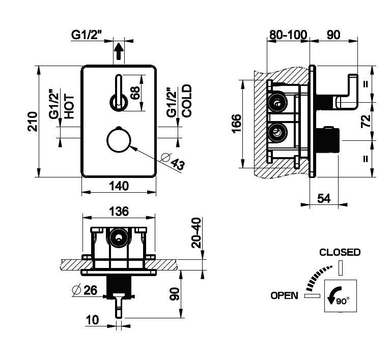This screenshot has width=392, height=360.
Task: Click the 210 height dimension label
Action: [33, 122]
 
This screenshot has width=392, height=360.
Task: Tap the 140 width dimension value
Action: [119, 186]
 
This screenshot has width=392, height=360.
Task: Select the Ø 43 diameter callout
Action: [173, 161]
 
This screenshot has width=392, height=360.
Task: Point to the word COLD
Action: [187, 101]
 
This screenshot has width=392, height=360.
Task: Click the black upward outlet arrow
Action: [119, 51]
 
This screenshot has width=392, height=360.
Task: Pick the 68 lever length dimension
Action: [135, 93]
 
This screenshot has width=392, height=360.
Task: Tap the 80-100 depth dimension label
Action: [288, 35]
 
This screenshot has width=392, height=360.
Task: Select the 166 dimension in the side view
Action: [237, 124]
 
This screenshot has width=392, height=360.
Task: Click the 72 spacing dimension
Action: [366, 121]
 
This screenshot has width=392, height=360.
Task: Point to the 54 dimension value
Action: [324, 198]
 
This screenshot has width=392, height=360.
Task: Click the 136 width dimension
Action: [119, 211]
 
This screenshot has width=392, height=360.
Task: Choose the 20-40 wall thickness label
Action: [196, 233]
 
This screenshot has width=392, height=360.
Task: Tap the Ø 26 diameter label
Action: [85, 290]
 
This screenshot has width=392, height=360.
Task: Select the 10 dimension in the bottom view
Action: [92, 320]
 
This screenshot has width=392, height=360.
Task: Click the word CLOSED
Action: [340, 252]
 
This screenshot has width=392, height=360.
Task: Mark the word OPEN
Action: [285, 295]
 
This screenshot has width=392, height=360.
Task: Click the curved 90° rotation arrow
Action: [334, 295]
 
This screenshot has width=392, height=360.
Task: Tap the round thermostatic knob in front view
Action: [119, 140]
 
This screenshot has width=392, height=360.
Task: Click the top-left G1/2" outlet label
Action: [87, 35]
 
